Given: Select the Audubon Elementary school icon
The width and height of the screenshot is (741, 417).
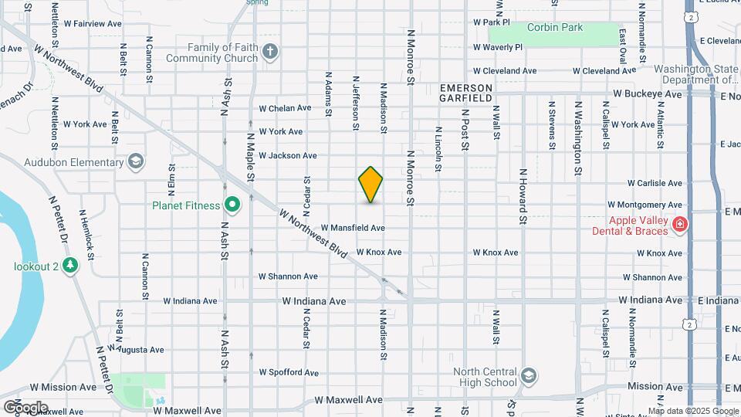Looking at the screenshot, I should coord(136,161).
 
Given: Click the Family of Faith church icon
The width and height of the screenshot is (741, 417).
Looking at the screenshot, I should coord(269,52).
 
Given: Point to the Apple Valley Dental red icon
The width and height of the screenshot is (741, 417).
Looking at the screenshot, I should coord(680,224).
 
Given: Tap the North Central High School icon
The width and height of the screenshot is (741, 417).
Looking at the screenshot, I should coord(528,375).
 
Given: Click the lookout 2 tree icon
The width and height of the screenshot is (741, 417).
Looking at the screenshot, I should coord(71,266).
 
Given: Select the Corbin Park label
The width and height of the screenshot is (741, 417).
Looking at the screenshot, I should coord(555,28).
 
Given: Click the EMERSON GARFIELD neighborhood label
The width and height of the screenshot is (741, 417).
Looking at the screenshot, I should coord(466,93).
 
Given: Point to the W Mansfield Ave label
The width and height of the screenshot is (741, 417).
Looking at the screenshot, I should coord(353,228).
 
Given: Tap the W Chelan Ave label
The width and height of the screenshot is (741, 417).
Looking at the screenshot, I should coord(285,108).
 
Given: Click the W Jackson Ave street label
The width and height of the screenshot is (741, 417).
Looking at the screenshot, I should coord(287,155).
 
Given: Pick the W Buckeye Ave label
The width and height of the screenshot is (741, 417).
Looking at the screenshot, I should coord(648,94).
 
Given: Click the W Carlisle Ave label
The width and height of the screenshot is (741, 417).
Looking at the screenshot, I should coord(655,184).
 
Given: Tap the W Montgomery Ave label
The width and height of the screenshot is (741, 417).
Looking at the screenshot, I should coord(645,205).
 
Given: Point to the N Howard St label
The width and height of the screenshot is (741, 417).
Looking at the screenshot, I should coord(523,196).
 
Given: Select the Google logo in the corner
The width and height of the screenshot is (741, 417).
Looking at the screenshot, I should coord(25,407).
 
